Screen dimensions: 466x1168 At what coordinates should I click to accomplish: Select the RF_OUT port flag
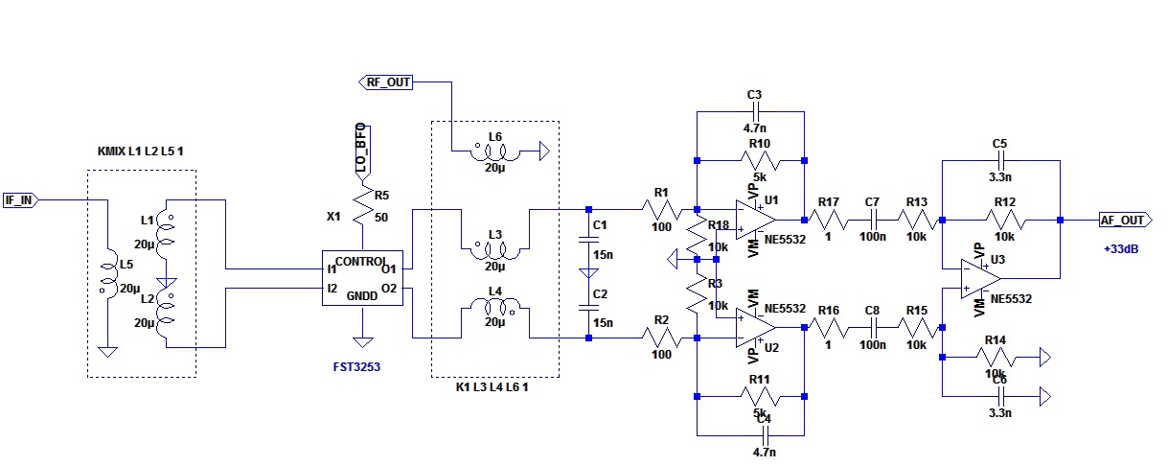pos(386,82)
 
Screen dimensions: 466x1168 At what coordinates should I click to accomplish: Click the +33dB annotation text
pos(1122,249)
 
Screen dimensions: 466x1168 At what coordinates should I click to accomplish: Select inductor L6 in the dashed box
pos(494,151)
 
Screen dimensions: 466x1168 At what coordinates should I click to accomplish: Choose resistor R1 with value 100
pos(661,209)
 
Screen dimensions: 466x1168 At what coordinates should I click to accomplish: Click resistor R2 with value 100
pos(661,338)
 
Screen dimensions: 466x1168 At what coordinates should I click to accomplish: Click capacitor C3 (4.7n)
pos(753,112)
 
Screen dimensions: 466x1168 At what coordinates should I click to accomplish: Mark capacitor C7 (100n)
pos(872,220)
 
